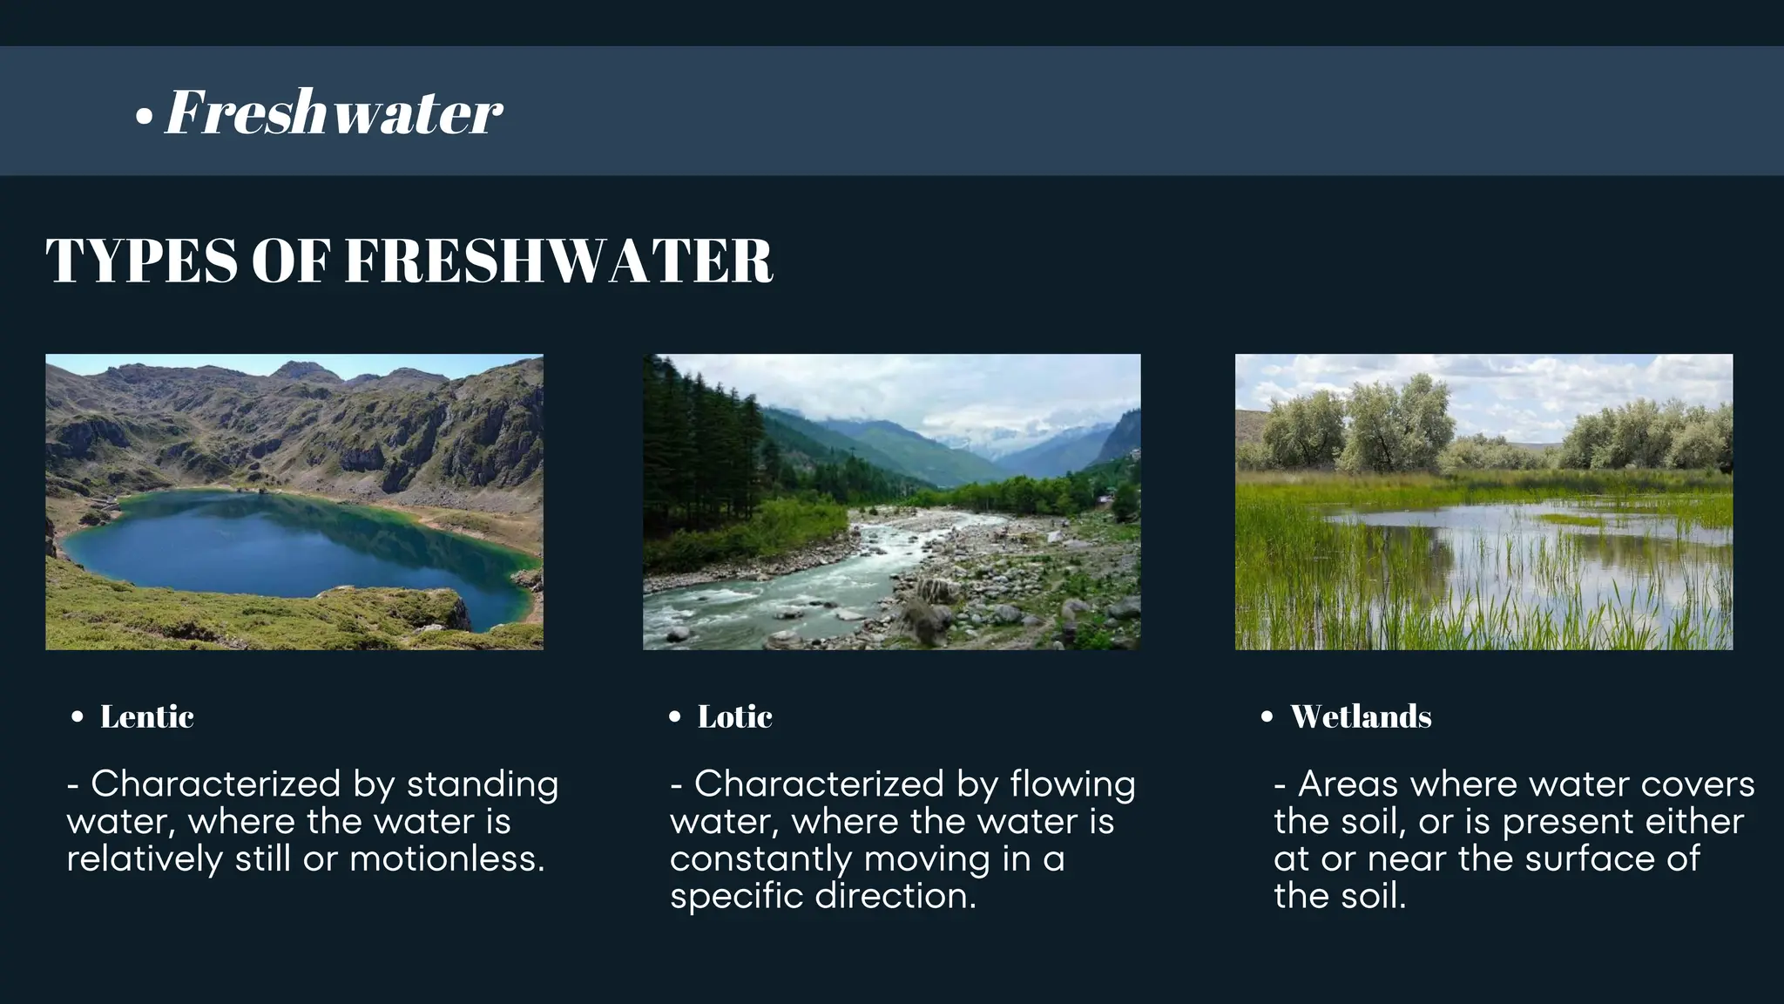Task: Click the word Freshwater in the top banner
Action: coord(334,112)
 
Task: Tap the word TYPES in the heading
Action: coord(140,261)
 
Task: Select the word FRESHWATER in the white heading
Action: coord(559,261)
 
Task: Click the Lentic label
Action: coord(146,717)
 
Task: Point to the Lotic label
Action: coord(734,717)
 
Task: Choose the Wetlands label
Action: coord(1361,717)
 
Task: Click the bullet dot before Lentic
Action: coord(78,717)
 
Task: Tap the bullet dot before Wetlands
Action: coord(1267,717)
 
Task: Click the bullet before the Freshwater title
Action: coord(145,118)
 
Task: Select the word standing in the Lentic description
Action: coord(483,784)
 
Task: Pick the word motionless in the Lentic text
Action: coord(447,859)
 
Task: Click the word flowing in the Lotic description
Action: coord(1072,784)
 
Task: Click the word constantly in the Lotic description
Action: coord(760,859)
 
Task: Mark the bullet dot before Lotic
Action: coord(675,717)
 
